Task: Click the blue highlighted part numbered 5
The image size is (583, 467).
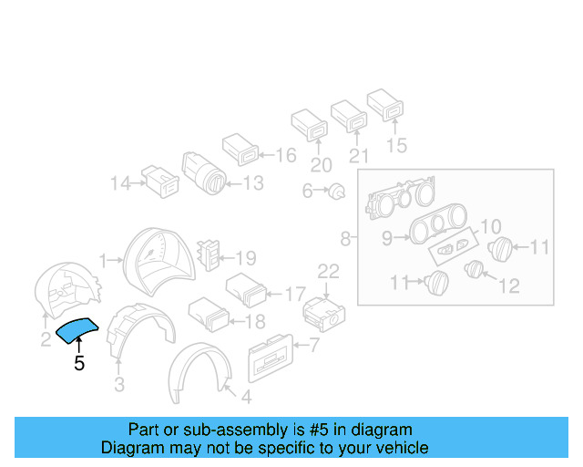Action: (x=79, y=328)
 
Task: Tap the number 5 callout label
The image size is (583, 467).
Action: (x=79, y=364)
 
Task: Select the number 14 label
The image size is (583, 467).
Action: (x=120, y=183)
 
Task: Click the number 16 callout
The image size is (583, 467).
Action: (x=285, y=155)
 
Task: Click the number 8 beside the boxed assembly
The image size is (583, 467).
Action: (x=345, y=239)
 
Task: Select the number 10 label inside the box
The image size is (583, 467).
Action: (x=490, y=225)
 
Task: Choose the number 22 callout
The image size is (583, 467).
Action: (x=327, y=271)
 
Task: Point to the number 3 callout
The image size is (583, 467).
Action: (x=118, y=385)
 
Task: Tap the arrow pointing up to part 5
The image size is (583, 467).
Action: (x=79, y=345)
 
